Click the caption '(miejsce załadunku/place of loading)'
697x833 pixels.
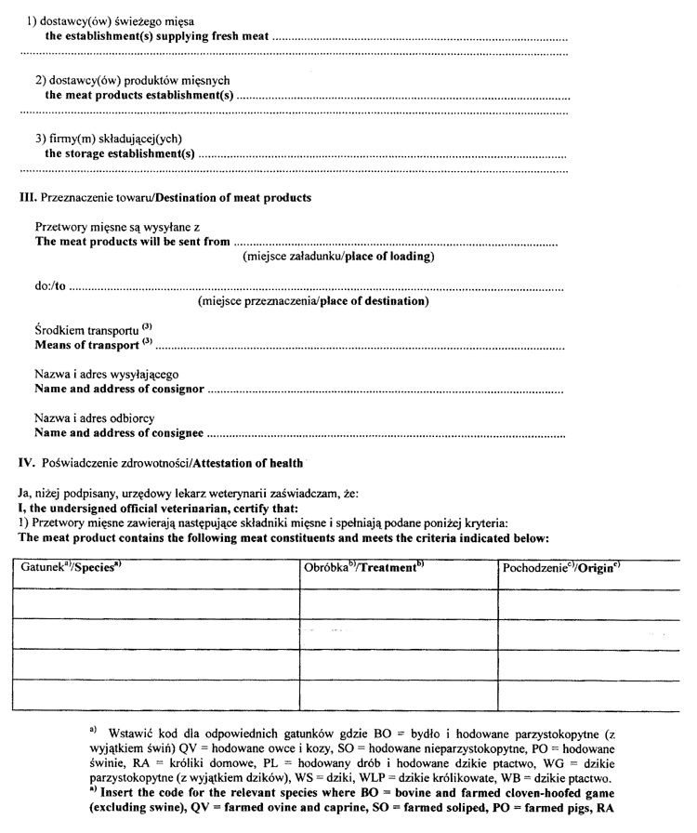point(338,256)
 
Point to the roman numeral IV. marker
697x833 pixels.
point(27,463)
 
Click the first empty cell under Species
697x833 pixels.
point(155,602)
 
